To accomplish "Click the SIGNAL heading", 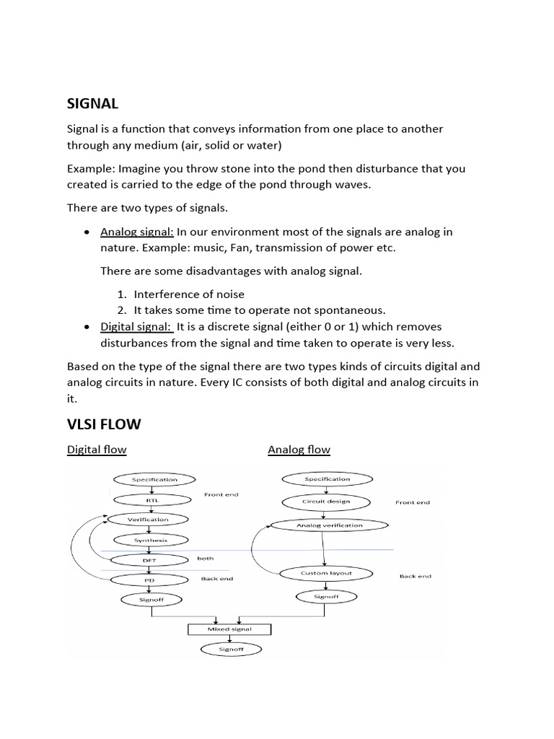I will click(92, 103).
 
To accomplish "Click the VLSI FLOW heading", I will click(104, 424).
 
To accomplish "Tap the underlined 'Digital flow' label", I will click(97, 450).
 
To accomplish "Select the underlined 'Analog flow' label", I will click(299, 450).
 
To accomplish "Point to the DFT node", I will click(149, 560).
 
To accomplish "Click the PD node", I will click(149, 579).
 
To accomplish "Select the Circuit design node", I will click(325, 502).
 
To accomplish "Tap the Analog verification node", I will click(329, 525).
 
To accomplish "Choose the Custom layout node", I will click(325, 573).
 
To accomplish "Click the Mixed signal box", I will click(230, 629).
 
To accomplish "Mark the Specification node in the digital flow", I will click(154, 479).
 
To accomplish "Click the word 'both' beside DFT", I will click(206, 559).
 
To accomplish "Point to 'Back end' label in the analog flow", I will click(415, 577).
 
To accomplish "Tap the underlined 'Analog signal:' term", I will click(137, 232).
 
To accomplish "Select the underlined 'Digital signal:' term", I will click(136, 327).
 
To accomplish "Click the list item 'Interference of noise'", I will click(189, 294).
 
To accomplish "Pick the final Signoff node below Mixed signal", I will click(231, 650).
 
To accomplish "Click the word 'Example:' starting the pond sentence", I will click(92, 169).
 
